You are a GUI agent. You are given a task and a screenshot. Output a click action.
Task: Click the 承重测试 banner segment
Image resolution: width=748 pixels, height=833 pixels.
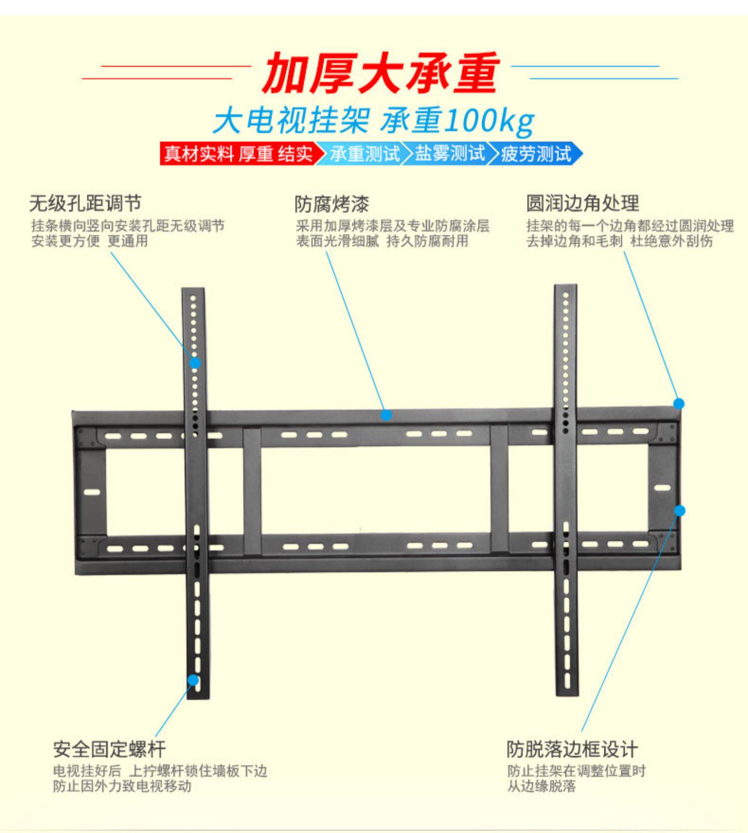pos(365,154)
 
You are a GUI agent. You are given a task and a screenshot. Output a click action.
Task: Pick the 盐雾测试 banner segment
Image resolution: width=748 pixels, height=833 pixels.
pos(450,154)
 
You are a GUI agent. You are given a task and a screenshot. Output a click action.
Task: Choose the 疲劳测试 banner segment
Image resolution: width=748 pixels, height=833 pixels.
pos(536,154)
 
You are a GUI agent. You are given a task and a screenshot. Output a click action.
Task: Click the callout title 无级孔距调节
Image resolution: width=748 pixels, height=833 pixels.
pos(85,203)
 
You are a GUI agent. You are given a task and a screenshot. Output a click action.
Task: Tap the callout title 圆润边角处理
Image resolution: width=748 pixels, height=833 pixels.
pos(582,203)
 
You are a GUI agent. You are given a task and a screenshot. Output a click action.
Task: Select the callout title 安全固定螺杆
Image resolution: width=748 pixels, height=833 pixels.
pos(109,749)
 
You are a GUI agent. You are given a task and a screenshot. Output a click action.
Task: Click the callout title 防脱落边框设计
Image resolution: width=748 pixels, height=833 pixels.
pos(572,749)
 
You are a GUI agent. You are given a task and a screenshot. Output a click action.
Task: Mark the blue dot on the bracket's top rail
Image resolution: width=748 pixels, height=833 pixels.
pos(386,415)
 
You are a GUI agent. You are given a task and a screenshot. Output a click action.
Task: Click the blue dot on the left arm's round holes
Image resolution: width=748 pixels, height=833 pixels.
pos(195,363)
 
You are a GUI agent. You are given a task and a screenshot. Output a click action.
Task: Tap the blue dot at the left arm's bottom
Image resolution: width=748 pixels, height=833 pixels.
pos(193,680)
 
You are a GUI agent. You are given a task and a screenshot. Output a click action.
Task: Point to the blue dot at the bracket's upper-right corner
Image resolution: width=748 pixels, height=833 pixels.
pos(679,403)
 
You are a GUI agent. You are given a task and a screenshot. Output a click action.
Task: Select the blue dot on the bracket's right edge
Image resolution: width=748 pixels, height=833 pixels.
pos(680,510)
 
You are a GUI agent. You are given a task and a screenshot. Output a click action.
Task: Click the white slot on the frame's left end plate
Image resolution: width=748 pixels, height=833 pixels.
pos(92,492)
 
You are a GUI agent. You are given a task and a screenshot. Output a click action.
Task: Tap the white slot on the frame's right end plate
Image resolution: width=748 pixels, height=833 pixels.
pos(662,488)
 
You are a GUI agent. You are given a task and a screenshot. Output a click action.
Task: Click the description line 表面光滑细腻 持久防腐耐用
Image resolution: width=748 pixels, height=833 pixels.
pos(382,241)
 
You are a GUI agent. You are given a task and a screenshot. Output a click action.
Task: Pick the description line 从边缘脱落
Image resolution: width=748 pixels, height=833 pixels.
pos(541,786)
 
